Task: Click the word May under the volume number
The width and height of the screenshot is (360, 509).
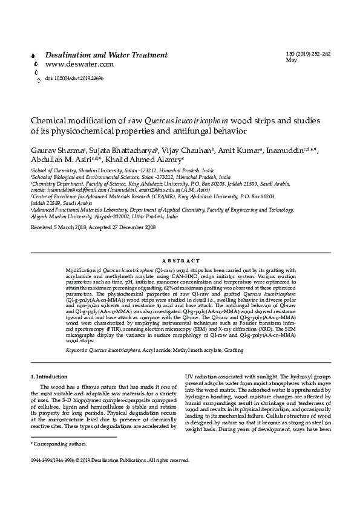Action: click(x=290, y=61)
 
